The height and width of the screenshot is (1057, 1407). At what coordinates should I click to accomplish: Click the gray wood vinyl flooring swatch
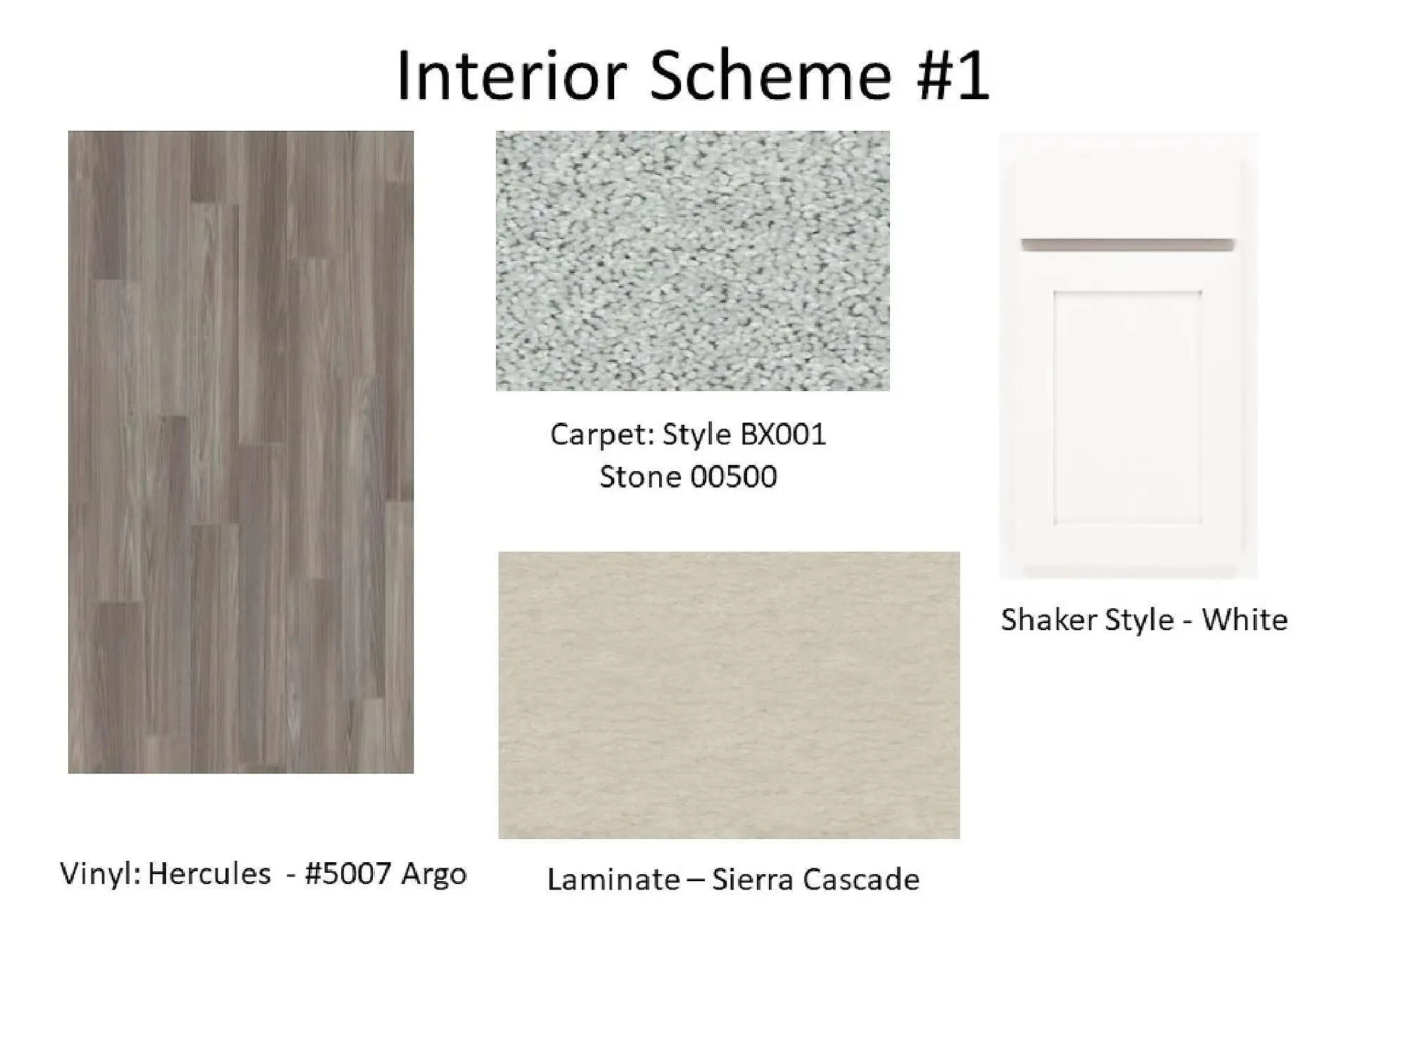click(x=241, y=452)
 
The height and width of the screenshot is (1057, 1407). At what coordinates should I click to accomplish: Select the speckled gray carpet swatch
click(x=693, y=261)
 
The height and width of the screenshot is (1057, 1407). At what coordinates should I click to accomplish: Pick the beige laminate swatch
click(x=729, y=695)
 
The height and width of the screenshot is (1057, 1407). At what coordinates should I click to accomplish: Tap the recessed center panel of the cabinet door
click(x=1127, y=407)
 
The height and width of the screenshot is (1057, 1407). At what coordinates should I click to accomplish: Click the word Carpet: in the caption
click(x=603, y=435)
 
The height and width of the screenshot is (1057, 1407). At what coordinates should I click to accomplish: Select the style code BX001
click(x=783, y=434)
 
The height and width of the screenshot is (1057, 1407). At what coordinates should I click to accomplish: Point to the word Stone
click(x=640, y=477)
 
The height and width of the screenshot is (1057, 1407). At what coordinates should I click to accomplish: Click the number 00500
click(x=734, y=477)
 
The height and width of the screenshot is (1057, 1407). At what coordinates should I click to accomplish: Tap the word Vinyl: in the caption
click(x=101, y=873)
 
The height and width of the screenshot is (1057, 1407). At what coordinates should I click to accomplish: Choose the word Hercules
click(x=209, y=873)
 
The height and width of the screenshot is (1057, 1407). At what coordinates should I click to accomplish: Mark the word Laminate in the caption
click(x=613, y=880)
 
